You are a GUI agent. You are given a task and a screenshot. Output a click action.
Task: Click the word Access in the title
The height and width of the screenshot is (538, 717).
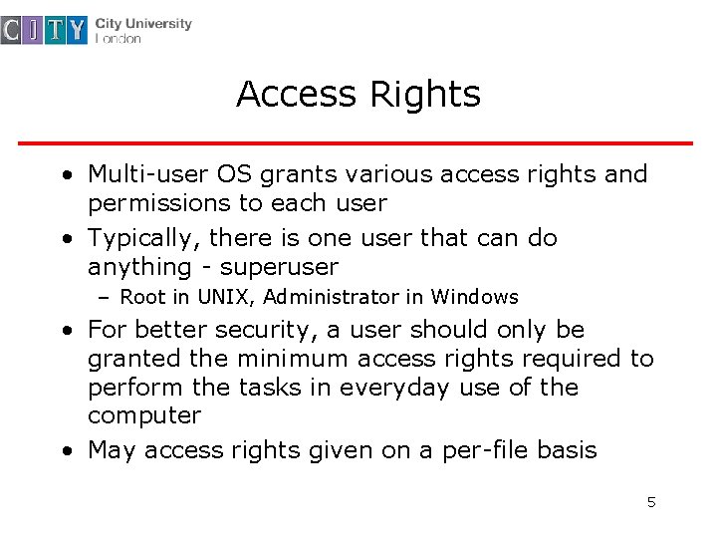click(298, 95)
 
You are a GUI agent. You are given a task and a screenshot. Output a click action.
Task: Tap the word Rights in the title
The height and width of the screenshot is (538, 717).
click(425, 95)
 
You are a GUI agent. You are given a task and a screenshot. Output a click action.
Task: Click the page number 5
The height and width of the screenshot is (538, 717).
click(651, 502)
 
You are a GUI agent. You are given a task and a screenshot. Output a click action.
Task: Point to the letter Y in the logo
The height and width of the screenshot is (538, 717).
click(78, 31)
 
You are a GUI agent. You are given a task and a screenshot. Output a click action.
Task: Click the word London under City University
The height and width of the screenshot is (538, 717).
click(119, 39)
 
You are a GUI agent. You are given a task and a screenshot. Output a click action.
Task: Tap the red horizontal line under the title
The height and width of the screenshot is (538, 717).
click(356, 143)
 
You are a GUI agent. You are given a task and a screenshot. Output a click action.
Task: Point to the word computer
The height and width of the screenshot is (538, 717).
click(144, 415)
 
